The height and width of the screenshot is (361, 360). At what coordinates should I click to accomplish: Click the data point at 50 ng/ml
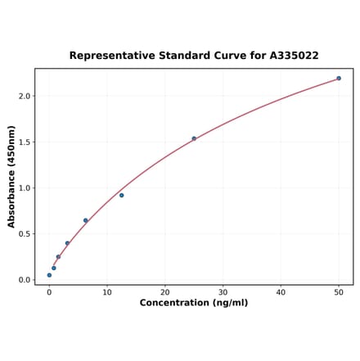point(339,79)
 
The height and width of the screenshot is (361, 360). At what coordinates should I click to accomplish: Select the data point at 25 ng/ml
point(194,138)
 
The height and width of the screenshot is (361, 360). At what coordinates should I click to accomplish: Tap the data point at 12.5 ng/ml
point(122,195)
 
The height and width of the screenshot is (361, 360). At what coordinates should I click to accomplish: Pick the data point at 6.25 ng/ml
point(85,220)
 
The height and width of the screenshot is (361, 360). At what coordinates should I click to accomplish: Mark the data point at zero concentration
point(49,275)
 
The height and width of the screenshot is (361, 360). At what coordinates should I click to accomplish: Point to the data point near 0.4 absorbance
point(67,243)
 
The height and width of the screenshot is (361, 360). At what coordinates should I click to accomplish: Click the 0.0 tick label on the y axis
point(25,280)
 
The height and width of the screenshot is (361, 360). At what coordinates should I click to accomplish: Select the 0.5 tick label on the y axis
point(25,234)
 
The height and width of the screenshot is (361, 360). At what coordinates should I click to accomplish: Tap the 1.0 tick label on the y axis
point(25,188)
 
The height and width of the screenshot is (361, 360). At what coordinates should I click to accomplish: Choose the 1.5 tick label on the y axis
point(25,142)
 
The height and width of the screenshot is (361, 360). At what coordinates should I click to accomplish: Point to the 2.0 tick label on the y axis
point(25,97)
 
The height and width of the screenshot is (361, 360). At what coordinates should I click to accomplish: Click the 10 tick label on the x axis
point(107,292)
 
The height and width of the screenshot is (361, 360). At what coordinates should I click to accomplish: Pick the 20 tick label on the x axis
point(165,292)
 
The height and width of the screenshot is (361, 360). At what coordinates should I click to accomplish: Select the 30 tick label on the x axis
point(223,292)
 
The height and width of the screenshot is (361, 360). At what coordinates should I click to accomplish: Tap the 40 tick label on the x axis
point(281,292)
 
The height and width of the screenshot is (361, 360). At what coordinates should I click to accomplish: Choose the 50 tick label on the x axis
point(339,292)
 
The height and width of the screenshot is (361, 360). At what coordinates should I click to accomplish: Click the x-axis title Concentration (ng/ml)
point(194,304)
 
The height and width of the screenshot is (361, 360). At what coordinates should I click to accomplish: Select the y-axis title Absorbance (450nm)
point(11,177)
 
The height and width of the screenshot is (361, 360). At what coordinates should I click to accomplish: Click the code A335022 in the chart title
point(294,56)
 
